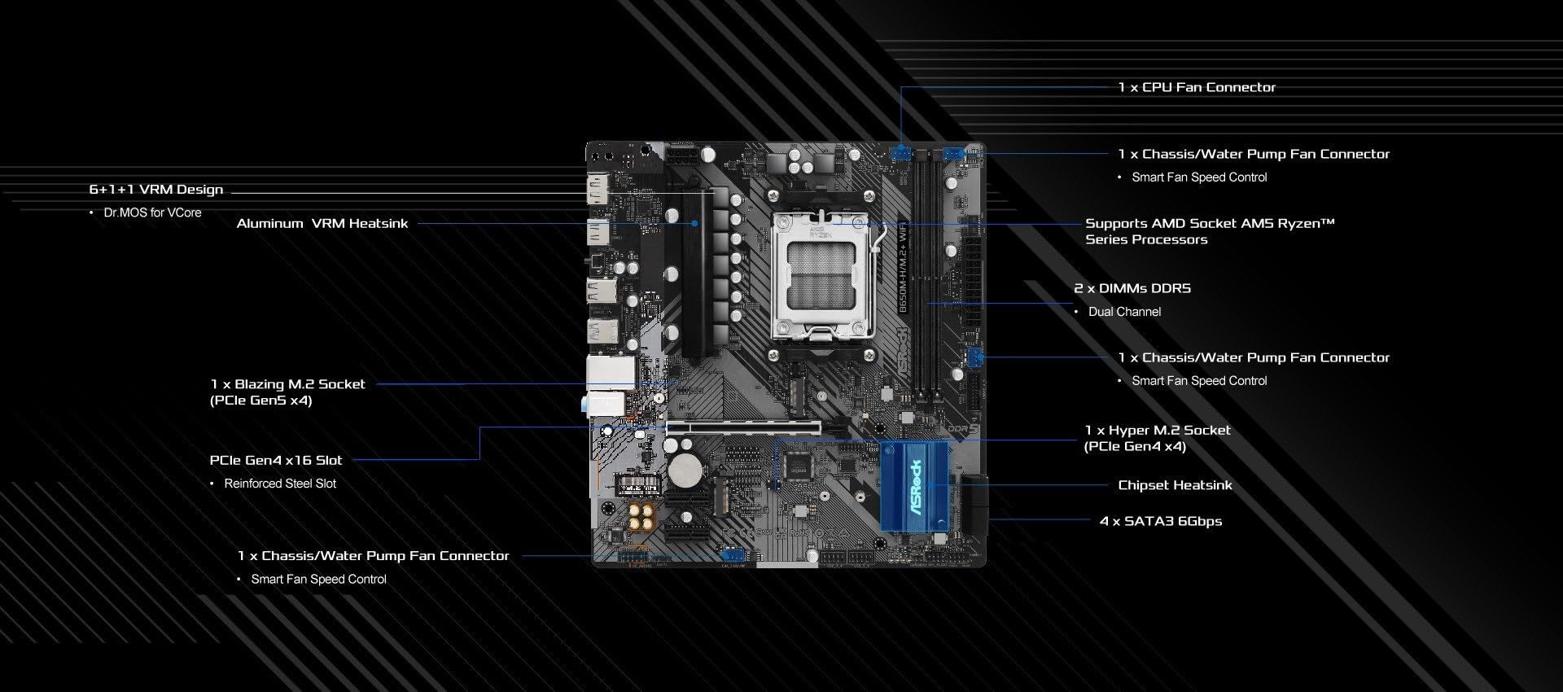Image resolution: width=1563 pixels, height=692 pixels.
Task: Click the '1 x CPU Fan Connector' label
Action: tap(1197, 87)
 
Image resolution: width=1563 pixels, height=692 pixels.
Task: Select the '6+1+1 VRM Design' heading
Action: tap(155, 190)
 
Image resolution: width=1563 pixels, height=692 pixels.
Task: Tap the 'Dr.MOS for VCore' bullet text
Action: tap(152, 212)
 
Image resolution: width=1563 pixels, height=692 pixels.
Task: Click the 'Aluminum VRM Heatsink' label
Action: tap(322, 223)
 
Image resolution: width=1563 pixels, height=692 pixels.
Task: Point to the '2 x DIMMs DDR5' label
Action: tap(1132, 288)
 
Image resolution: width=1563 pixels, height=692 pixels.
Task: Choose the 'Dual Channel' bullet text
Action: tap(1124, 312)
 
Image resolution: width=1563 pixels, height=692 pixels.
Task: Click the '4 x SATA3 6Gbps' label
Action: tap(1161, 521)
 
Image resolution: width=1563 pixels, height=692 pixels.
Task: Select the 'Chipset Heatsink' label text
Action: tap(1175, 485)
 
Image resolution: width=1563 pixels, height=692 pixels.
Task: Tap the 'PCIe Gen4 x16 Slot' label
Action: tap(276, 460)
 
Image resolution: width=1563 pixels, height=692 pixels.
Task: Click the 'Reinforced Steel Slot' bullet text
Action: tap(280, 484)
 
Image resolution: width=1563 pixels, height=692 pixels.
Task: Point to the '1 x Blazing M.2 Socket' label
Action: tap(287, 384)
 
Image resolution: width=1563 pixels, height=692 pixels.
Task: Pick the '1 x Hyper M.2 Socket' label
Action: tap(1158, 430)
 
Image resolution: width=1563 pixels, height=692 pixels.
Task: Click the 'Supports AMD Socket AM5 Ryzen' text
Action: tap(1210, 223)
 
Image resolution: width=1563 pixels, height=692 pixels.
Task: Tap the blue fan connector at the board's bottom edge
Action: tap(733, 555)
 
